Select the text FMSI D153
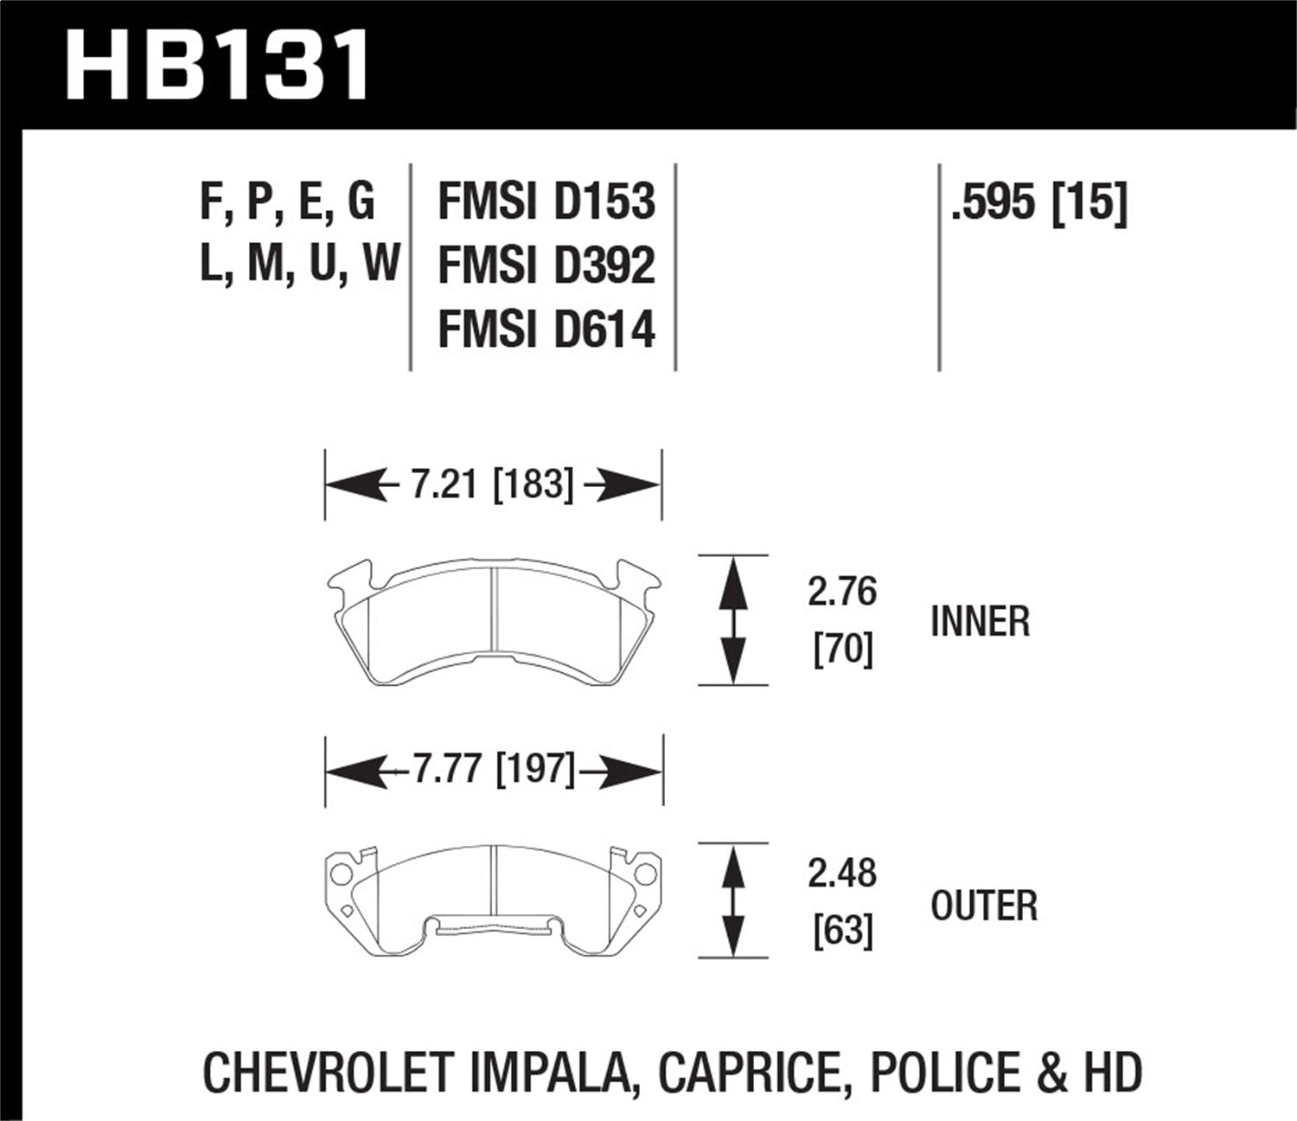[x=546, y=202]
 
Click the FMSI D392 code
[x=546, y=266]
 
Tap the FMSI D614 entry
[x=546, y=330]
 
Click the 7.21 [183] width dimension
[x=492, y=484]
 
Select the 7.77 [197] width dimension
[x=494, y=768]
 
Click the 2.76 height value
[x=842, y=593]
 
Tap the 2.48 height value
[x=842, y=874]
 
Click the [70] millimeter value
[x=843, y=649]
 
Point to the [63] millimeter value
[x=843, y=931]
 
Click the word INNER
[x=981, y=621]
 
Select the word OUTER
[x=984, y=906]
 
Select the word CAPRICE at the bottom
[x=750, y=1073]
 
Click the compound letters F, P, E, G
[x=288, y=202]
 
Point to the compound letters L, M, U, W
[x=299, y=264]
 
